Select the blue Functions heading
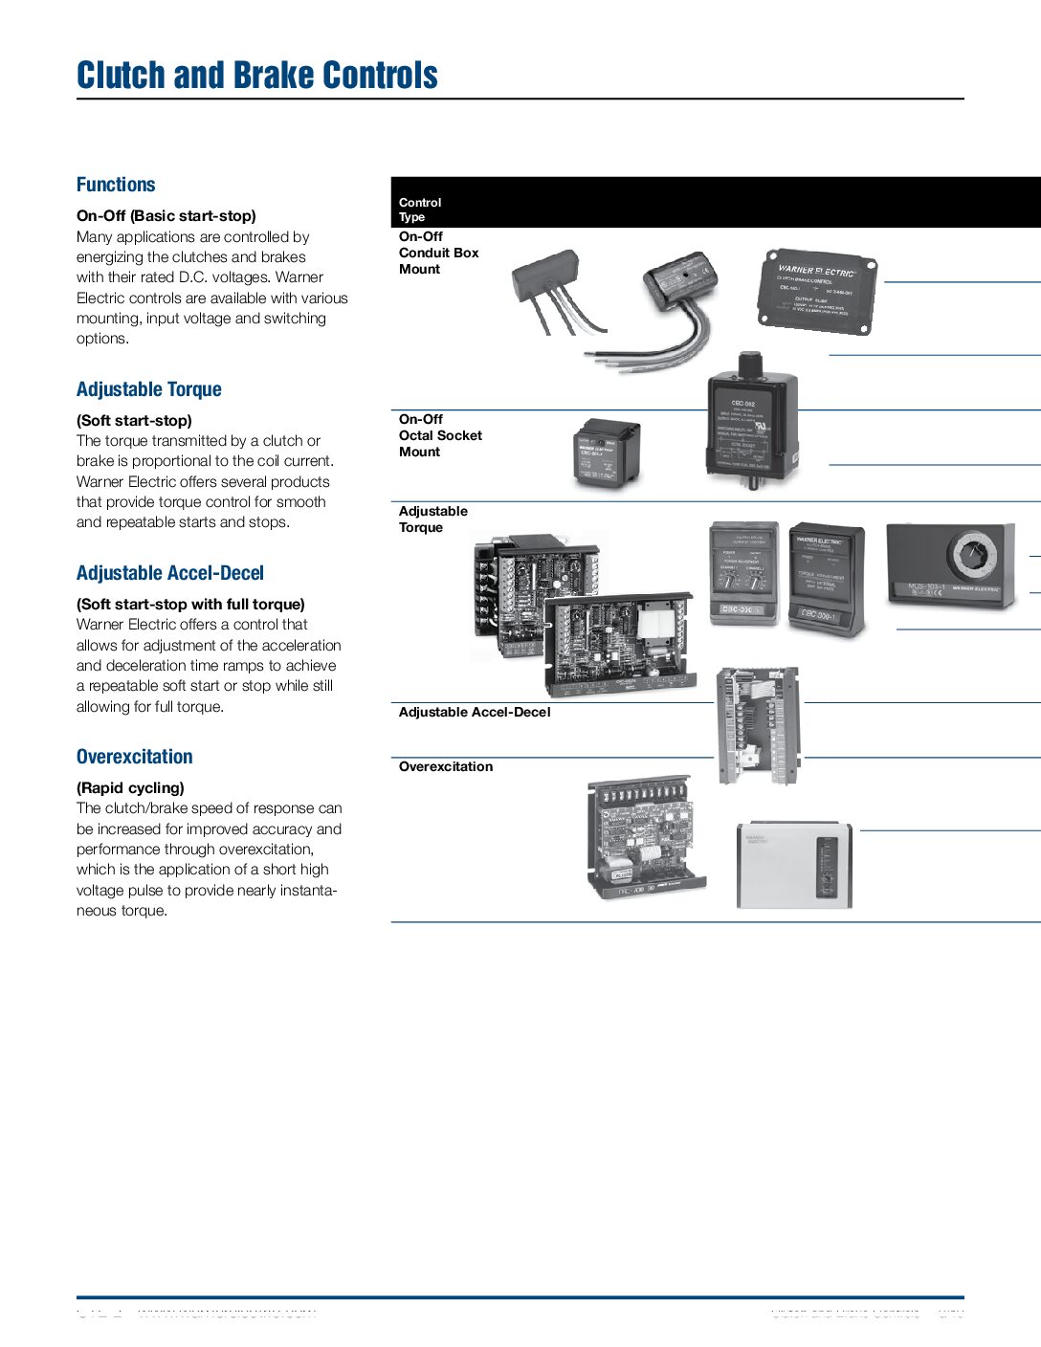pos(116,185)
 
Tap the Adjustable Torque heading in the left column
pos(148,389)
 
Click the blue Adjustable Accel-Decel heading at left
pos(169,573)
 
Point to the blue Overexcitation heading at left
pos(134,757)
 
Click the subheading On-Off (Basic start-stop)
pos(166,216)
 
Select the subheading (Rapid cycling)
pos(130,788)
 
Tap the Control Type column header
pos(420,210)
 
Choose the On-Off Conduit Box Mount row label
pos(438,253)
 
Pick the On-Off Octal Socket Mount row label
pos(440,435)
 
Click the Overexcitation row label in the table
pos(446,766)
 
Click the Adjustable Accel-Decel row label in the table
pos(475,712)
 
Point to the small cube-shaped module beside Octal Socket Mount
pos(606,453)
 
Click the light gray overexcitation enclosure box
pos(793,864)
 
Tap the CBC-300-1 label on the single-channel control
pos(819,615)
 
